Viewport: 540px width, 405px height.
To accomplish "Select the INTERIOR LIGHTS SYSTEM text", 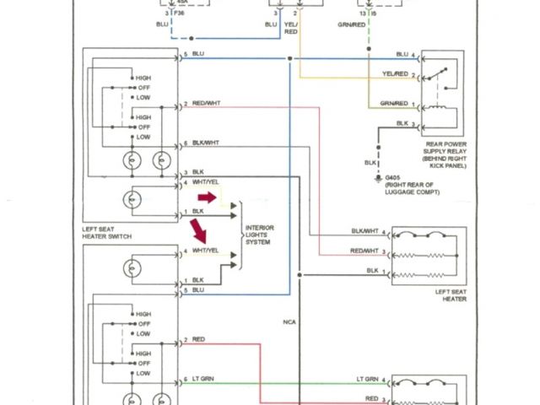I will [x=259, y=235].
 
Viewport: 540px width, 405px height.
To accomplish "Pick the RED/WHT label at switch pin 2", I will [x=207, y=104].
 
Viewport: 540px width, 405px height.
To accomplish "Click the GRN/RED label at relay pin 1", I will [x=394, y=104].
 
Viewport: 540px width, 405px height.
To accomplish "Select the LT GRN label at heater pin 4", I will [x=371, y=379].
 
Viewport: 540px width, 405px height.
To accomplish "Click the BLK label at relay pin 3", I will [x=402, y=123].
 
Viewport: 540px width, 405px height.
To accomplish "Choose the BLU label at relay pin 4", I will [x=402, y=54].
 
